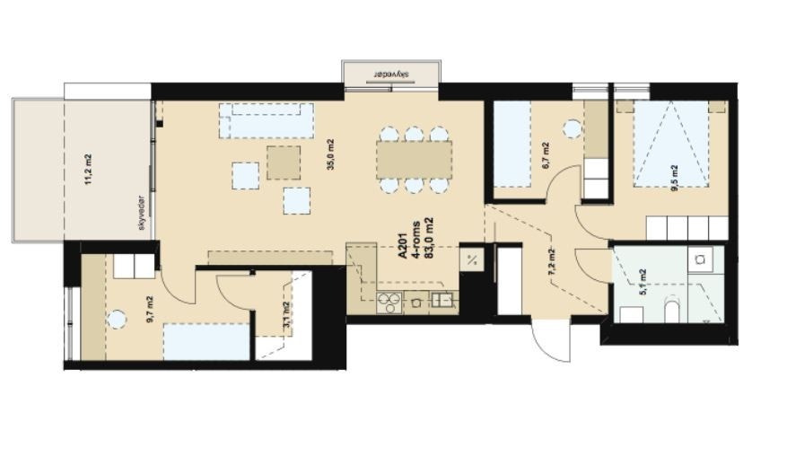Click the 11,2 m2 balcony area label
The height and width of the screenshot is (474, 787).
pyautogui.click(x=88, y=170)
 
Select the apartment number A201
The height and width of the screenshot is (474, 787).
pyautogui.click(x=403, y=243)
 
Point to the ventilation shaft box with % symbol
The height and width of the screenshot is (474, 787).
pyautogui.click(x=472, y=261)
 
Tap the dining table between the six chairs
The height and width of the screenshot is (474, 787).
pyautogui.click(x=414, y=160)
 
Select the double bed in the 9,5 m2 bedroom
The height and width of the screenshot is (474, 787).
pyautogui.click(x=671, y=144)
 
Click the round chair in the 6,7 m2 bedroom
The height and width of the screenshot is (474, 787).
pyautogui.click(x=571, y=128)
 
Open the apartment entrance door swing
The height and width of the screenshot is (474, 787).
pyautogui.click(x=552, y=342)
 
